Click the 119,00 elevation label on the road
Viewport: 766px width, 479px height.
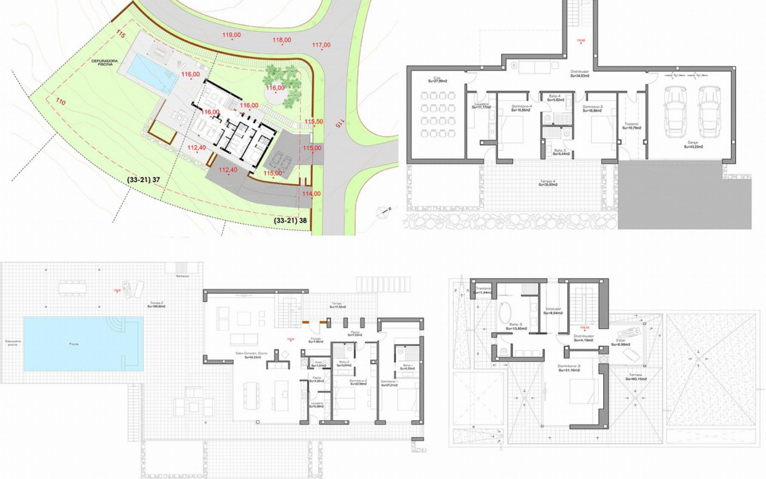(232, 35)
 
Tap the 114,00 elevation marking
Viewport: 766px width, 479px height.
(311, 194)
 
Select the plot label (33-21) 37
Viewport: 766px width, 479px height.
(144, 180)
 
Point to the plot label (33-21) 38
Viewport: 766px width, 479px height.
(290, 220)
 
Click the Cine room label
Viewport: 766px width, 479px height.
(437, 79)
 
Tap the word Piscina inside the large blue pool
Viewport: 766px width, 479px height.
(73, 344)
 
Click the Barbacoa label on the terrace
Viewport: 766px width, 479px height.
(182, 276)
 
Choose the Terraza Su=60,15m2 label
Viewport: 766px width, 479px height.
(636, 377)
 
